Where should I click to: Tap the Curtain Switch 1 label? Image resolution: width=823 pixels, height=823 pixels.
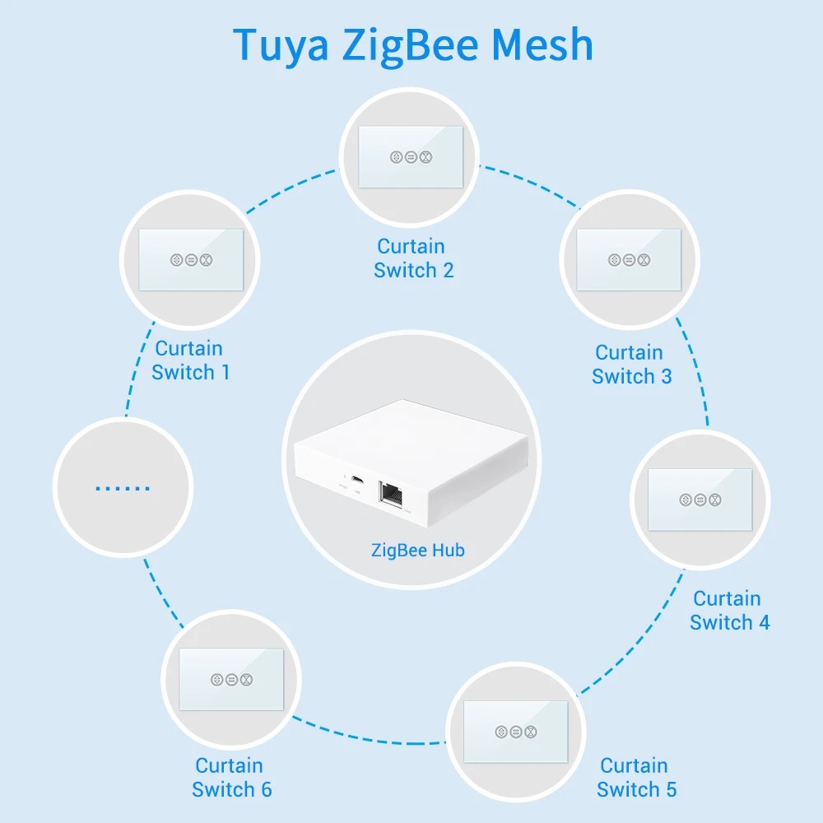191,360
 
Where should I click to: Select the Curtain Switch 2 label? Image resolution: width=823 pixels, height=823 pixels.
413,258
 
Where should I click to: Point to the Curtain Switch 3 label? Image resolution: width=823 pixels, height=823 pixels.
631,365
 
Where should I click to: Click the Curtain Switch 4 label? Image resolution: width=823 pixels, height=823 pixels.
729,611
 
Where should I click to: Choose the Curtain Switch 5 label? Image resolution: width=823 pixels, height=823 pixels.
636,778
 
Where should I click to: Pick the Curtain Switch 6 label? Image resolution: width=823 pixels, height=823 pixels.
231,778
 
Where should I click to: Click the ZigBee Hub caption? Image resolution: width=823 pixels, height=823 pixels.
417,550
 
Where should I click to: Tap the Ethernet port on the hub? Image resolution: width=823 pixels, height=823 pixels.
390,493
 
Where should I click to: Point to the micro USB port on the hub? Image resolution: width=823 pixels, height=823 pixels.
355,479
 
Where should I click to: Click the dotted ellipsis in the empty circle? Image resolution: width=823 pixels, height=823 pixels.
123,487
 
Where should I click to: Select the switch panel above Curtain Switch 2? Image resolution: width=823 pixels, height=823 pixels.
411,156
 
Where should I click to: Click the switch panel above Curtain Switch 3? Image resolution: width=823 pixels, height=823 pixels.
629,259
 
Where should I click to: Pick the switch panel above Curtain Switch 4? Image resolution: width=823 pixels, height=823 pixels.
700,499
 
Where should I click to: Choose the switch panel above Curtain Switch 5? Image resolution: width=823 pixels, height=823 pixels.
516,731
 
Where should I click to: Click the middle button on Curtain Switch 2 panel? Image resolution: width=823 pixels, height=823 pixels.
411,156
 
